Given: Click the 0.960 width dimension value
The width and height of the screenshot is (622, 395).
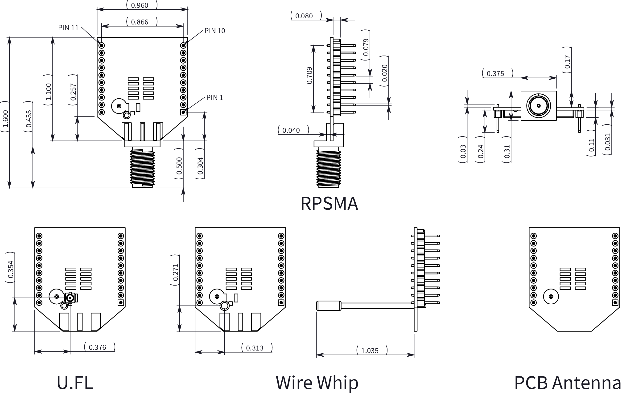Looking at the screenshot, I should [140, 5].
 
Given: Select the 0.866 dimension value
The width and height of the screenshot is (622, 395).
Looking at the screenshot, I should [140, 22].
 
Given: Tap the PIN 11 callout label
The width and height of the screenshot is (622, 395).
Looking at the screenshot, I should [68, 28].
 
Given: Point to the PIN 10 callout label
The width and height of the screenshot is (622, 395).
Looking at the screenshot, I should [215, 31].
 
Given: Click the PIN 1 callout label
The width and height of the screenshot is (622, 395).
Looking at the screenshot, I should [214, 97].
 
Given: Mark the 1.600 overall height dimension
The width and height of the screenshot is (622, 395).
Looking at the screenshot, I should [5, 119].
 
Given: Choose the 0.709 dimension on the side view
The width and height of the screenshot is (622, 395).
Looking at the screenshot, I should [309, 75].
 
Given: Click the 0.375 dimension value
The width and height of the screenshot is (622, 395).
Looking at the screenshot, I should [495, 73].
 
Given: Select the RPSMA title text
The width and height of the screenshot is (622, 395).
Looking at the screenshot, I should [329, 204].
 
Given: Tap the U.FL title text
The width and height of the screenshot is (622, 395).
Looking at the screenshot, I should [75, 383].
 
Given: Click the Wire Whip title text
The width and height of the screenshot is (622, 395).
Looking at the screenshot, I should [317, 383].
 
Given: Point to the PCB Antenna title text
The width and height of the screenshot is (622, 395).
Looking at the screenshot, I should [568, 383].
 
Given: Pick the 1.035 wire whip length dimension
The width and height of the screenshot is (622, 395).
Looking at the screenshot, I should [370, 351].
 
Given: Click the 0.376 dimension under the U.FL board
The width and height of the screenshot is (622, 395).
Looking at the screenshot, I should [97, 347].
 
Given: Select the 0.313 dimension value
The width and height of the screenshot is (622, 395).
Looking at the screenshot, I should [255, 348].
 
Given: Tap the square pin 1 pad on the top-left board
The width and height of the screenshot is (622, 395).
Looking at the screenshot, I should [183, 112].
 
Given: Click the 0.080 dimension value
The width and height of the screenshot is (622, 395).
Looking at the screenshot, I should [304, 16].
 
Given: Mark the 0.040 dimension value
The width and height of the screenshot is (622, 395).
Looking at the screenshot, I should [291, 130].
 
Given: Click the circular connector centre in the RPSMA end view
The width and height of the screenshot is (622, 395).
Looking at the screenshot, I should [539, 105].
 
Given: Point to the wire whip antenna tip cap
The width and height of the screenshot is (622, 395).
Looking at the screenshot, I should [329, 306].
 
